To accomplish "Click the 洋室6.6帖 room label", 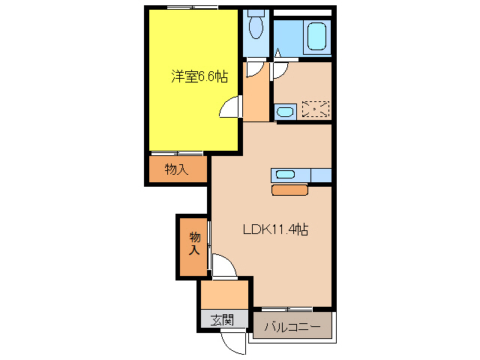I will coord(199,76).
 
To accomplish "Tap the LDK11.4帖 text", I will coord(275,230).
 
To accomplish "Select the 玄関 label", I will coord(221,319).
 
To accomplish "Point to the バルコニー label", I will coord(292,328).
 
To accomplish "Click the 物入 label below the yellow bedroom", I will coord(176,169).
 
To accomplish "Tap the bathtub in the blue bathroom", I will coord(314,36).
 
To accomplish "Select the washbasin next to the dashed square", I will coord(285,112).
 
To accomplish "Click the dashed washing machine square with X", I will coord(315,109).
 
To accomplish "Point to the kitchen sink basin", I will coord(286,175).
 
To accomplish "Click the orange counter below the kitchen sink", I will coord(289,190).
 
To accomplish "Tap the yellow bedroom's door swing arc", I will coord(230,109).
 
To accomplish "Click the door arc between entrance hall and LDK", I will coord(223,267).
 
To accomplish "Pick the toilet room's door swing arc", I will coord(257,68).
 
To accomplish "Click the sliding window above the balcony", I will coord(287,309).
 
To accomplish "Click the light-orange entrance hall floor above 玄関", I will coord(224,294).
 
